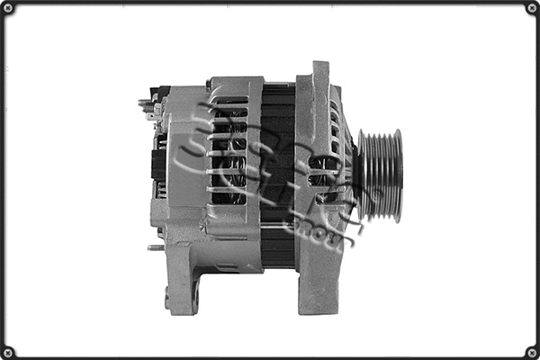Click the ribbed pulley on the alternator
click(x=380, y=175)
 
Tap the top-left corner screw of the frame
click(x=8, y=9)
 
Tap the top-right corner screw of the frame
click(x=531, y=9)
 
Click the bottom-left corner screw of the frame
click(x=8, y=351)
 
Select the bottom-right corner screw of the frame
click(x=531, y=351)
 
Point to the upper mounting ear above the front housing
click(x=319, y=76)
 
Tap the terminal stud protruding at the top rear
click(x=146, y=103)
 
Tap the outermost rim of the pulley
click(x=397, y=175)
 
